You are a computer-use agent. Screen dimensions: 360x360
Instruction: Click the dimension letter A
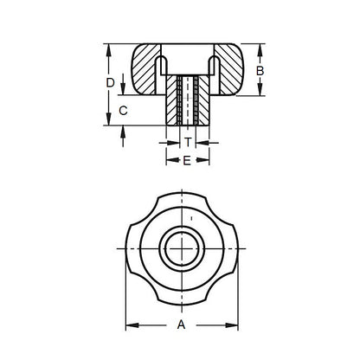click(180, 325)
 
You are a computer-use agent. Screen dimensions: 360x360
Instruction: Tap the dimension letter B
click(259, 70)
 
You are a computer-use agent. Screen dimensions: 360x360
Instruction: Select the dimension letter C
click(124, 110)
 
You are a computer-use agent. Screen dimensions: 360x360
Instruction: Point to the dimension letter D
click(110, 82)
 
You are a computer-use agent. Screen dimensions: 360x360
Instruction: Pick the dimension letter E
click(187, 161)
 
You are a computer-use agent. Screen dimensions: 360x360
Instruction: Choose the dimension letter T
click(187, 141)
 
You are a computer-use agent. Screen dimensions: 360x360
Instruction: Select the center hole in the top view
click(182, 251)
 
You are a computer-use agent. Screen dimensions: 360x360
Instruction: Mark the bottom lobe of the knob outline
click(182, 299)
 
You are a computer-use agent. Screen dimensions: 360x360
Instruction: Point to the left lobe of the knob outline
click(135, 251)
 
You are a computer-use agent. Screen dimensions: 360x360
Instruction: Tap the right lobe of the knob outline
click(228, 251)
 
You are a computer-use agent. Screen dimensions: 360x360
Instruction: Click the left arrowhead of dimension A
click(131, 325)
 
